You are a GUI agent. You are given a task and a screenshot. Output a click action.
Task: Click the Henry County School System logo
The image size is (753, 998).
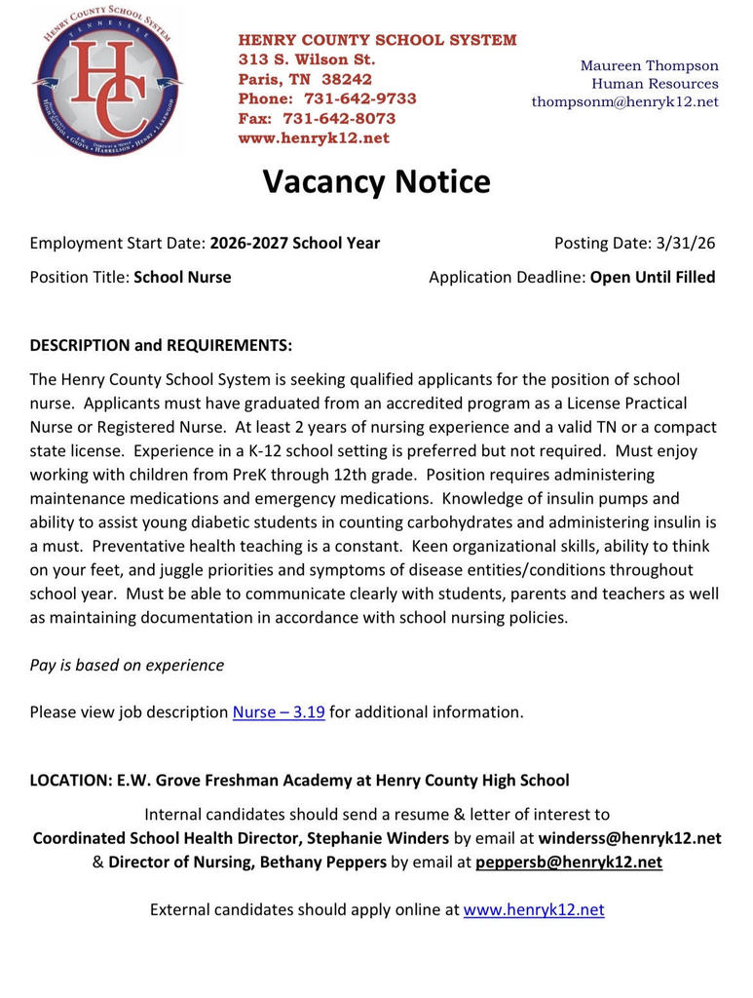[x=106, y=81]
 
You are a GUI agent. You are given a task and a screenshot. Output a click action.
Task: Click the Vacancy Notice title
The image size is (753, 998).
[x=376, y=182]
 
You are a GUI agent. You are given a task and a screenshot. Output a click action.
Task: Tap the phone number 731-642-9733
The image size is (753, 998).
[x=359, y=98]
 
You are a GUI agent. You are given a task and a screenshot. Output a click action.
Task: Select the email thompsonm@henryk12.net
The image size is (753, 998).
[x=624, y=101]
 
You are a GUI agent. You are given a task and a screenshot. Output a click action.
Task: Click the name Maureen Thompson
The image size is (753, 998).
[x=649, y=65]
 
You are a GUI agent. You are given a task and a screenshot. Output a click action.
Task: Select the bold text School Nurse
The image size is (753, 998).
[x=182, y=277]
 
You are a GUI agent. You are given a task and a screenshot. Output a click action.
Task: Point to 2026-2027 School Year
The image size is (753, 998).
[x=294, y=243]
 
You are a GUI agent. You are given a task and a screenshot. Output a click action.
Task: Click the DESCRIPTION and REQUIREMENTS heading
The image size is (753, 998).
[x=161, y=346]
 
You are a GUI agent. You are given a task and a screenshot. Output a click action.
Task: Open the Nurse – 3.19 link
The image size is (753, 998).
[x=279, y=711]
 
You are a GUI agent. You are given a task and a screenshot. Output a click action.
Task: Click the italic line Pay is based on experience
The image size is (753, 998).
[x=127, y=665]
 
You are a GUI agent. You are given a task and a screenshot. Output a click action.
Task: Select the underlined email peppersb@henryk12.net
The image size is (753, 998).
[x=569, y=862]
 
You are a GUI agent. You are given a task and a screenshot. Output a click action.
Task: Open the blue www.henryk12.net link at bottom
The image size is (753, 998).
[x=534, y=909]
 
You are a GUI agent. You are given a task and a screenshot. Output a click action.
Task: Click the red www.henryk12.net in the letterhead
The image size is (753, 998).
[x=314, y=138]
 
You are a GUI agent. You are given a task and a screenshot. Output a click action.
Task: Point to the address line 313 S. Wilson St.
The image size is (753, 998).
[x=307, y=59]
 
